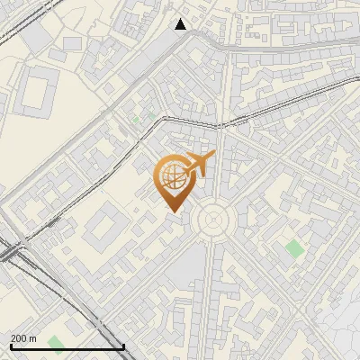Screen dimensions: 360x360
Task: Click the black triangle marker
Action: click(x=181, y=23)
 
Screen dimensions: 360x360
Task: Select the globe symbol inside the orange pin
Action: click(x=172, y=177)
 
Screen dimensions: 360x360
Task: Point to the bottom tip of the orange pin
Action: click(x=174, y=212)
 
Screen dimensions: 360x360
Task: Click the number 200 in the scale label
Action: click(x=19, y=338)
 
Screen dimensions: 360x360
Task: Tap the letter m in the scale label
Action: click(x=33, y=338)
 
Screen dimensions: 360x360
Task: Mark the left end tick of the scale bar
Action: click(x=11, y=346)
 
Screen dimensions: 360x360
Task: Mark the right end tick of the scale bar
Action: click(x=123, y=346)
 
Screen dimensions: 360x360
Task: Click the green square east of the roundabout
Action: click(x=294, y=249)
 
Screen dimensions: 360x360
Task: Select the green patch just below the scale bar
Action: click(x=57, y=344)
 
